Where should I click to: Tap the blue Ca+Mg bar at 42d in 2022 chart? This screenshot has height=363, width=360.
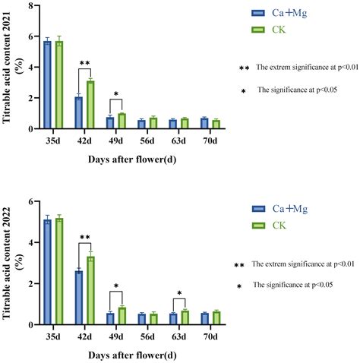point(79,298)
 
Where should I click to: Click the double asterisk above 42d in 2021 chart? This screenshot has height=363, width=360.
point(85,64)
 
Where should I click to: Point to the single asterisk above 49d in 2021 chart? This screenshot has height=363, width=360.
point(115,95)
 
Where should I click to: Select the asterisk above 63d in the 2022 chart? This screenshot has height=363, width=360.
point(178,293)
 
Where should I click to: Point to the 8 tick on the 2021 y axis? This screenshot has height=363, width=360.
point(31,5)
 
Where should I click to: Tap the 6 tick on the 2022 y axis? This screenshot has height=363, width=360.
point(31,202)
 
